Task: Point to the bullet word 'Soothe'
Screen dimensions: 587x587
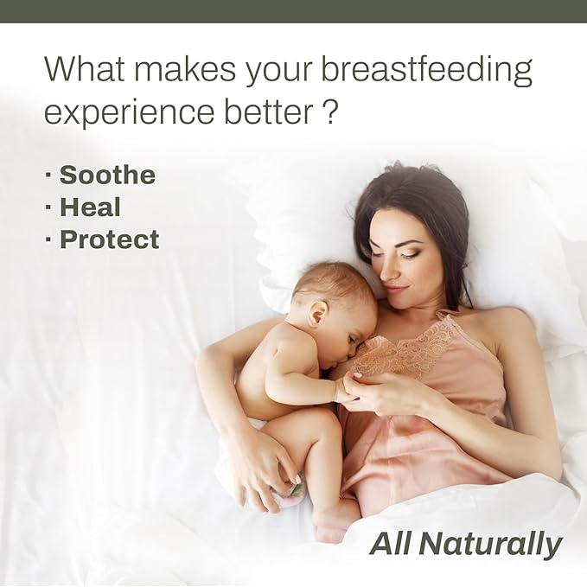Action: pos(107,175)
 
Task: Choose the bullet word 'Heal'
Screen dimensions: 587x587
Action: pos(90,207)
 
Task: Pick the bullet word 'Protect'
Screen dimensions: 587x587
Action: pos(109,239)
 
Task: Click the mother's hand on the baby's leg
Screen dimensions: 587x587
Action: pos(264,471)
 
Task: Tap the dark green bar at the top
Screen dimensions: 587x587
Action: pos(293,10)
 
